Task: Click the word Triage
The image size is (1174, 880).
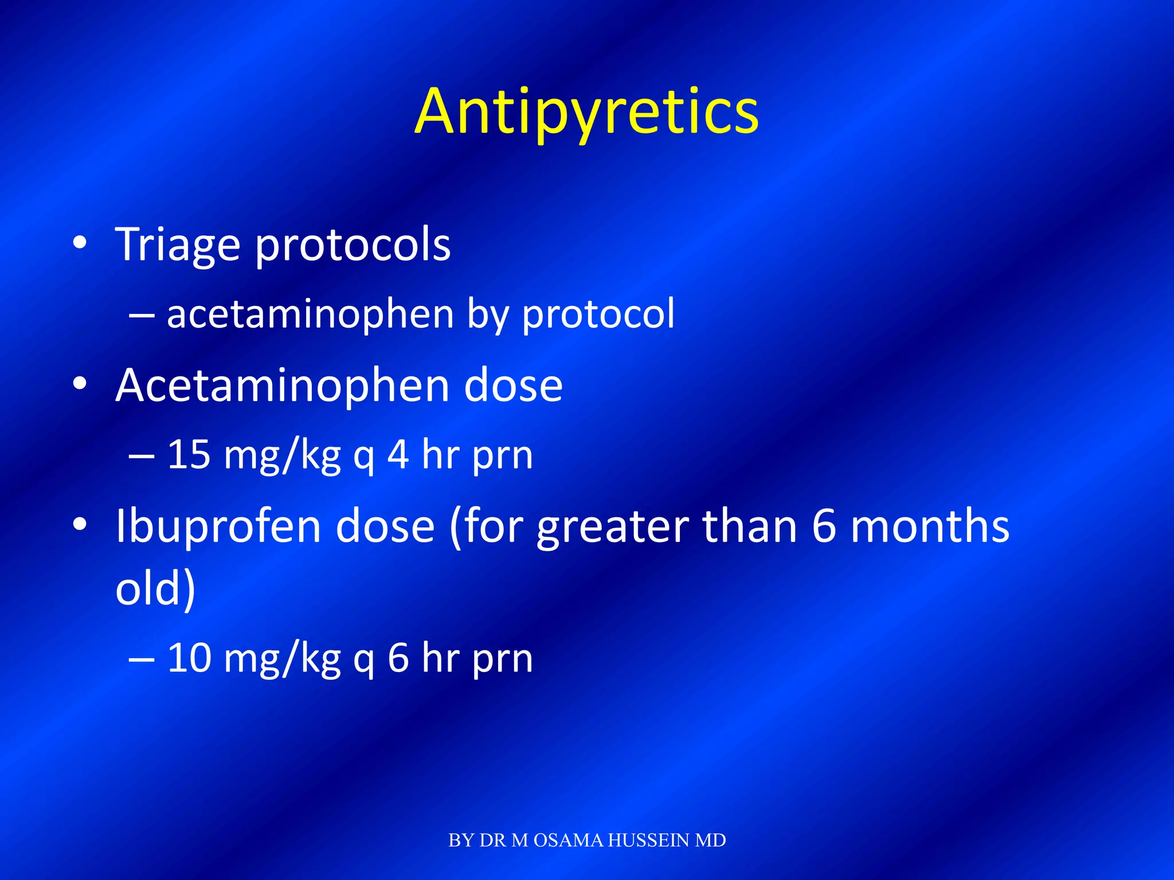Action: [178, 245]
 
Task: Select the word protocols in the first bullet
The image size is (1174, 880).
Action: [353, 245]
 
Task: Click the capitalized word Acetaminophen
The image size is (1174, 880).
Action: [282, 386]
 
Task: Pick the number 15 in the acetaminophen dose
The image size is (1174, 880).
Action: [189, 455]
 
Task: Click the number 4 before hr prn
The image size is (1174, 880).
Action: [398, 455]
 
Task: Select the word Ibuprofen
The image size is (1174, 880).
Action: [218, 527]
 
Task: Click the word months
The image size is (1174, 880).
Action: [929, 527]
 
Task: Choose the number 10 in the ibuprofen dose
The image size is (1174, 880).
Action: [189, 658]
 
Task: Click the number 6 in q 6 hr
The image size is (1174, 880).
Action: [398, 658]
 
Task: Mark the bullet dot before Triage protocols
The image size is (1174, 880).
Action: [80, 243]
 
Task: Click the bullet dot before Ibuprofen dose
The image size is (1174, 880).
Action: [80, 524]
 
